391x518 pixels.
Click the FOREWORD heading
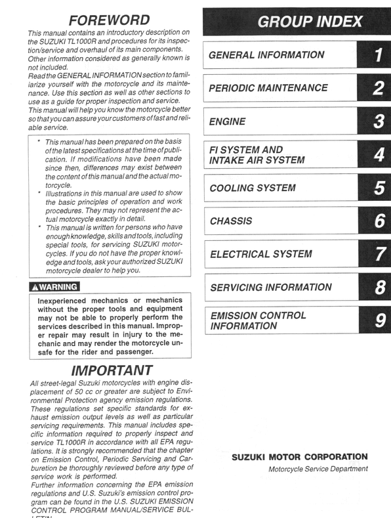click(x=109, y=20)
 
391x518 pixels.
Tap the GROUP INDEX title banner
click(x=297, y=21)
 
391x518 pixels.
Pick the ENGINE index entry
click(x=227, y=121)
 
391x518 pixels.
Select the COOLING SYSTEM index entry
click(x=252, y=188)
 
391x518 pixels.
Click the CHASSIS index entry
click(x=230, y=221)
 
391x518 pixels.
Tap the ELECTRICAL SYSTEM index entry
click(x=260, y=254)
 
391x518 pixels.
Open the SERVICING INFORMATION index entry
click(x=270, y=287)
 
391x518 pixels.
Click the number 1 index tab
click(x=377, y=55)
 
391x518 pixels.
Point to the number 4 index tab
click(x=377, y=155)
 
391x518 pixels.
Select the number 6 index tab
click(x=377, y=221)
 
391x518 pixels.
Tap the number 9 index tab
click(x=377, y=320)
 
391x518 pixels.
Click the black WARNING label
click(x=54, y=286)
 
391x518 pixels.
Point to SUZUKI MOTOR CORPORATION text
click(x=299, y=457)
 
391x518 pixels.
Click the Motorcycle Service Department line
click(x=318, y=469)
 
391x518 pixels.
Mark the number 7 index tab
click(x=377, y=254)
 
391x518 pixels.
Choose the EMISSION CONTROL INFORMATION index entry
click(x=258, y=320)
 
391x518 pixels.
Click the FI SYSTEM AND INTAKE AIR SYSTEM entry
click(x=257, y=155)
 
